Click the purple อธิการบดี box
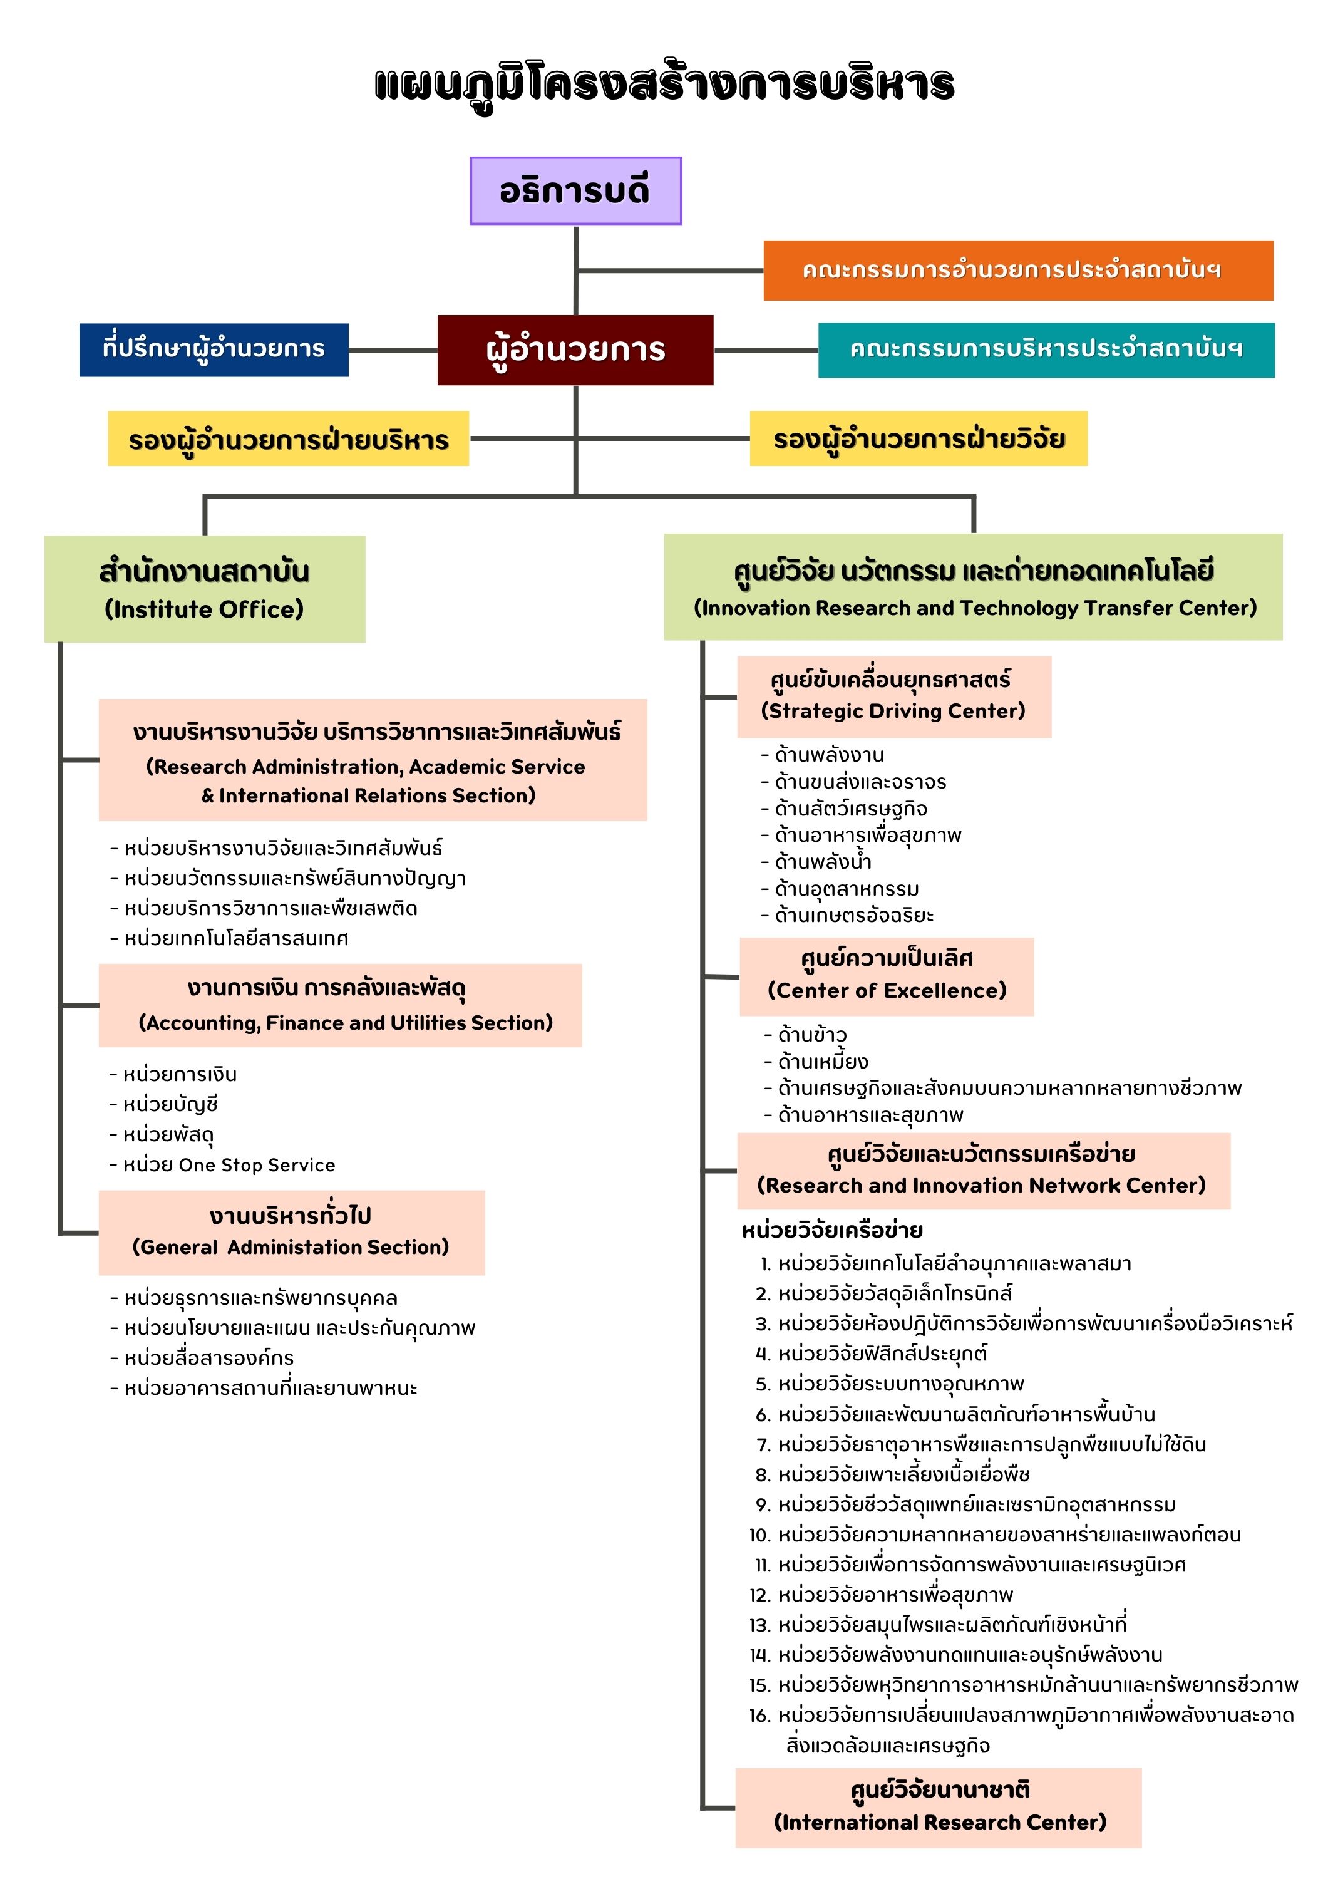point(575,190)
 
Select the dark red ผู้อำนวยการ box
point(575,349)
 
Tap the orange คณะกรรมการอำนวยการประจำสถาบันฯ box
point(1018,270)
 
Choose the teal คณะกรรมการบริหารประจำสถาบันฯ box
point(1046,349)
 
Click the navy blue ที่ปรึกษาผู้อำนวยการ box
point(214,349)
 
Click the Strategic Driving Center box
point(893,696)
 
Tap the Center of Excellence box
point(886,976)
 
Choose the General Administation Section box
point(291,1233)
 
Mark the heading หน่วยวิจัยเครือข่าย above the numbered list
point(832,1230)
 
